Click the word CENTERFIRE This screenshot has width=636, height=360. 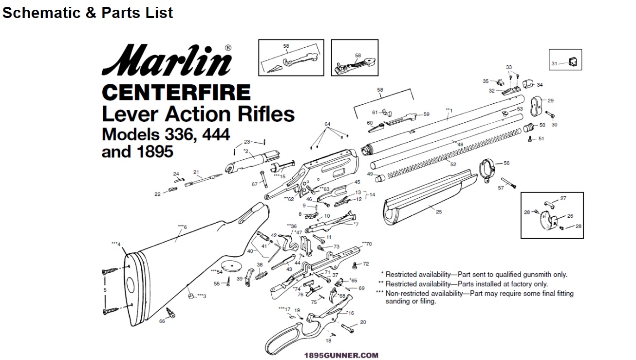[x=176, y=92]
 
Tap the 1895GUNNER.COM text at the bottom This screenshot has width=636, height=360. [x=341, y=356]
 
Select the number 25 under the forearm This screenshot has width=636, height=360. [x=439, y=212]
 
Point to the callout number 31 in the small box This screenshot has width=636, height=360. [x=554, y=64]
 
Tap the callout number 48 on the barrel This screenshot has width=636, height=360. [x=460, y=144]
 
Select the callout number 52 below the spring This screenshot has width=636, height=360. [x=453, y=164]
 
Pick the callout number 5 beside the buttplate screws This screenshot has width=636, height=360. [x=105, y=290]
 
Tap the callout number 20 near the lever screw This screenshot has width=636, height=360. [x=363, y=322]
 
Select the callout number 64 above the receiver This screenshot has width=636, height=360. [x=328, y=124]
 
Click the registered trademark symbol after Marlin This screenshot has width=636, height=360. [x=228, y=48]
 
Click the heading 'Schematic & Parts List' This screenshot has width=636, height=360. [x=88, y=13]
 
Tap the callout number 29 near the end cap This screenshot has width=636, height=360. [x=550, y=101]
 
